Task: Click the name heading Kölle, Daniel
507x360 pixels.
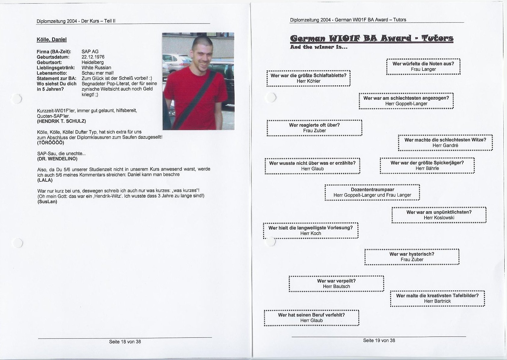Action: tap(51, 39)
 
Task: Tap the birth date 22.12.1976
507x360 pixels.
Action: tap(93, 57)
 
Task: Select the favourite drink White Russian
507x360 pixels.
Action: tap(96, 68)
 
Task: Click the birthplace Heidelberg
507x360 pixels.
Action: tap(92, 62)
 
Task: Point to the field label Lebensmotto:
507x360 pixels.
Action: tap(52, 73)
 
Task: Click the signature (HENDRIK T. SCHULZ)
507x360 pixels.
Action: tap(61, 121)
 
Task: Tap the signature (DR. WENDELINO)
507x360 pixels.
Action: tap(57, 158)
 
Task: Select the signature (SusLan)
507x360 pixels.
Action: tap(47, 202)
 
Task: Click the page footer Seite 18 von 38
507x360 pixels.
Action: tap(125, 342)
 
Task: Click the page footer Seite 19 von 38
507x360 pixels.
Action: tap(379, 340)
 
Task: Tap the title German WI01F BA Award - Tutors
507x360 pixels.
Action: tap(372, 39)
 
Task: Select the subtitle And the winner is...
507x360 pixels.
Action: tap(319, 47)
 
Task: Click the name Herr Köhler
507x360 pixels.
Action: tap(309, 81)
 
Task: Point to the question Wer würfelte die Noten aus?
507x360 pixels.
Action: tap(423, 64)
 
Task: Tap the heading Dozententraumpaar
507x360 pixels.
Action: tap(372, 189)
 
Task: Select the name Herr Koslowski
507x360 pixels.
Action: tap(439, 218)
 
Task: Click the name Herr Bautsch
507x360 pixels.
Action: tap(336, 286)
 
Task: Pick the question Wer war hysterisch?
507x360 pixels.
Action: tap(412, 254)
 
